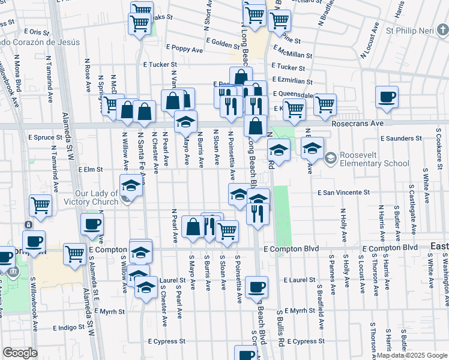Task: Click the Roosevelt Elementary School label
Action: (x=375, y=159)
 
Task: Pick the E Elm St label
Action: (x=91, y=170)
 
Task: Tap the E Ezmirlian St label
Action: (x=292, y=80)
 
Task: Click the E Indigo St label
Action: (x=72, y=328)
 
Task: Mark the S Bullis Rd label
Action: (x=280, y=329)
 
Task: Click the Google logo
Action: (x=20, y=353)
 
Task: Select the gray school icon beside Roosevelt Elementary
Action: (x=330, y=158)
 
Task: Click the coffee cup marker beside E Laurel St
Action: (x=256, y=287)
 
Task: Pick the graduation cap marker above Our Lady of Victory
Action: (x=131, y=187)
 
